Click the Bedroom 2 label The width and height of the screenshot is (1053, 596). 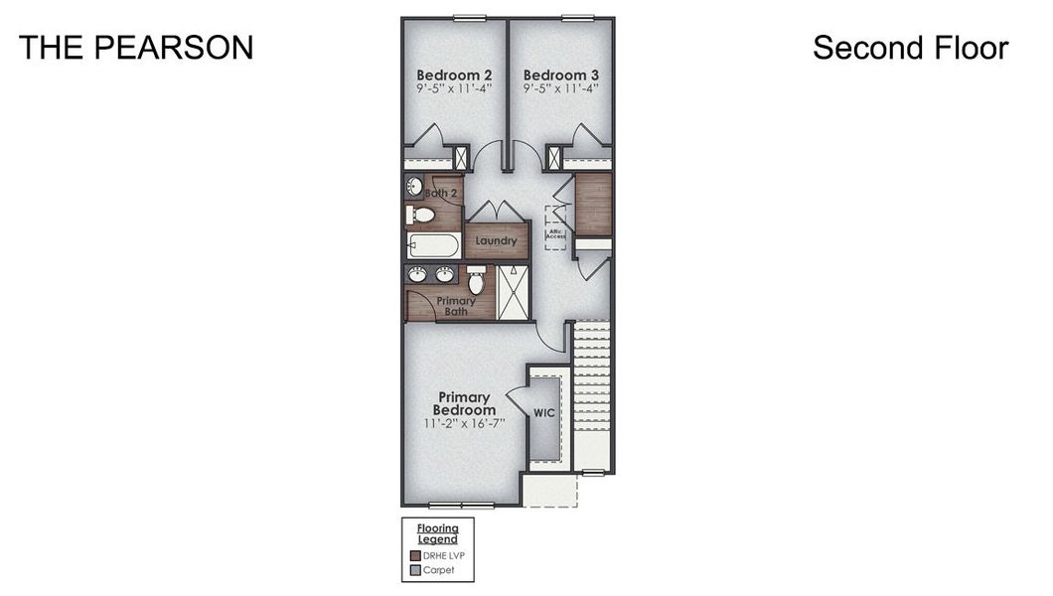454,75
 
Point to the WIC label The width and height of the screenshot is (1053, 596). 543,412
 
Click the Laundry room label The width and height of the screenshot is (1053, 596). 495,241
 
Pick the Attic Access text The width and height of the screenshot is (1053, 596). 555,235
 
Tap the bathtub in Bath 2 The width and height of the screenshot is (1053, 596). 433,245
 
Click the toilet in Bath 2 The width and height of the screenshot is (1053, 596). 422,214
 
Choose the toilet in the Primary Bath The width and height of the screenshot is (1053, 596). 476,282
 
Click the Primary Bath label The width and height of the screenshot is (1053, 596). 456,306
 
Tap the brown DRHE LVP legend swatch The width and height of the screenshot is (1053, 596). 416,555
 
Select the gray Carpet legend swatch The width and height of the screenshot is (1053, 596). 416,570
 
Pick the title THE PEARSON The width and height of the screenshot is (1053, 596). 136,48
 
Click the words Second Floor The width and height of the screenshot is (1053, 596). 910,48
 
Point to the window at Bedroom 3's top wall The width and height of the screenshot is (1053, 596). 575,17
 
